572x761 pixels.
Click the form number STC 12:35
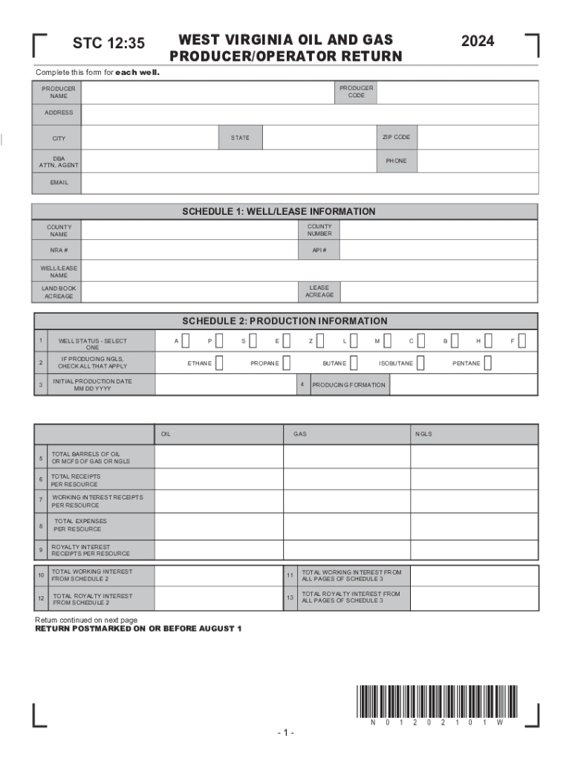(x=108, y=44)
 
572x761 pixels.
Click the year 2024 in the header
(x=477, y=42)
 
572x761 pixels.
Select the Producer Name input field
(x=205, y=93)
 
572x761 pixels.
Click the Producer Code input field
(x=457, y=93)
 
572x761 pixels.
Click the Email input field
(x=309, y=183)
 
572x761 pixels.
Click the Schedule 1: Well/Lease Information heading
(x=279, y=212)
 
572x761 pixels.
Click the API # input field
(x=438, y=250)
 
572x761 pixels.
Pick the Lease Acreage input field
(x=438, y=292)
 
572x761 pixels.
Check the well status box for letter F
(x=522, y=341)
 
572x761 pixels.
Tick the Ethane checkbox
(x=219, y=363)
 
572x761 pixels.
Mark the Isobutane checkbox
(x=420, y=363)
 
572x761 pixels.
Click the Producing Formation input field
(x=463, y=385)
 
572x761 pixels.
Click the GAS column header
(x=300, y=434)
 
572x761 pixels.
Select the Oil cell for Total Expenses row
(x=219, y=525)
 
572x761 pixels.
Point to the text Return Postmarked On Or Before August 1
(x=139, y=629)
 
